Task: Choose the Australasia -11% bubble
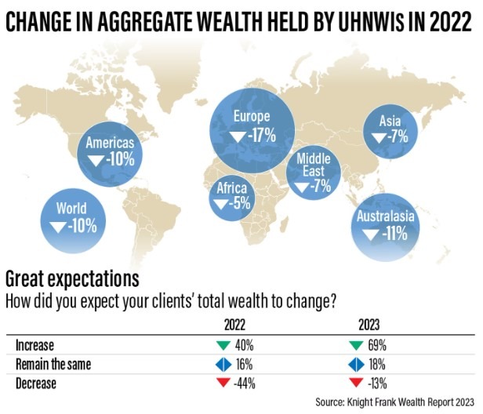coord(384,224)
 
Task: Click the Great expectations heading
coord(72,278)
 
